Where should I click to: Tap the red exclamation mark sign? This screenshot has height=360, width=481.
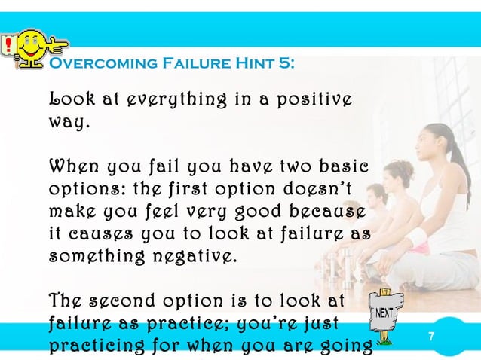pyautogui.click(x=7, y=46)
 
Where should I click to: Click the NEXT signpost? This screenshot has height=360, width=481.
pyautogui.click(x=388, y=317)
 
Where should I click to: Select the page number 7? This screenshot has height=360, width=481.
pyautogui.click(x=431, y=336)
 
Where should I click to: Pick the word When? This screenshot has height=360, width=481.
pyautogui.click(x=72, y=165)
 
